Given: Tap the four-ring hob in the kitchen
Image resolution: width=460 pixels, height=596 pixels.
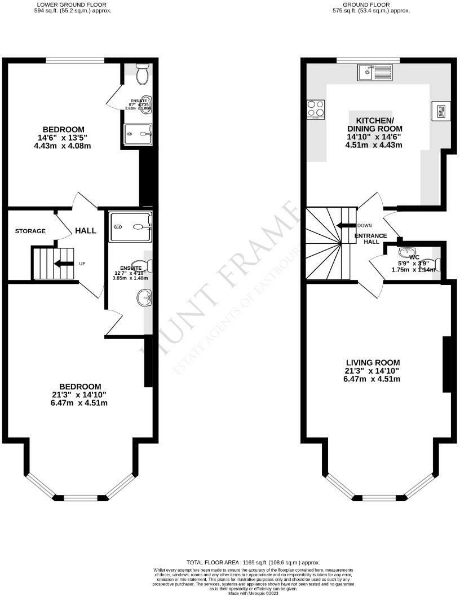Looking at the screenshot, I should coord(315,109).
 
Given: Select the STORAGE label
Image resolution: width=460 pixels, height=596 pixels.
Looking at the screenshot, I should coord(30,231).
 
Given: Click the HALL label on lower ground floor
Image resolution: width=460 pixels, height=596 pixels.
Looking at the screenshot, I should coord(86,230).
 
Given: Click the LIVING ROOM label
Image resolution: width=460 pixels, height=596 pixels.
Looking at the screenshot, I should coord(373,363).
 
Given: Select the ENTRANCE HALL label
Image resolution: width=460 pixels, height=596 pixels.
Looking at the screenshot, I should coord(371,238).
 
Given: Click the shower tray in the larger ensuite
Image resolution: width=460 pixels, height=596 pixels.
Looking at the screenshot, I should coord(131,226).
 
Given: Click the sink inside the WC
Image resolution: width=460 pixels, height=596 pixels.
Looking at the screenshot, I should coord(405,252).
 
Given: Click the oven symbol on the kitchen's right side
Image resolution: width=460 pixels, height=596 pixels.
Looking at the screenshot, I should coord(440,111).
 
